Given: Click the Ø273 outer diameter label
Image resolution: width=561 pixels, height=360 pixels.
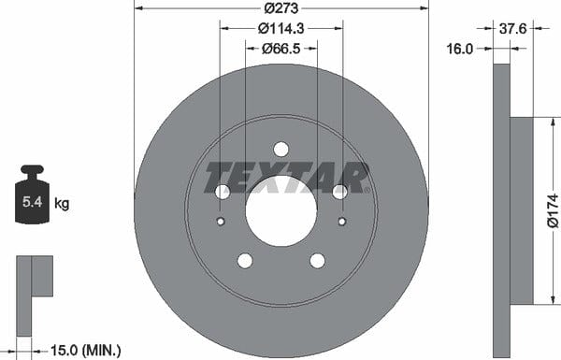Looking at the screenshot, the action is point(280,7).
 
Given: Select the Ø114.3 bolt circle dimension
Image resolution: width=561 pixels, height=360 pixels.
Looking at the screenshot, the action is point(280,28).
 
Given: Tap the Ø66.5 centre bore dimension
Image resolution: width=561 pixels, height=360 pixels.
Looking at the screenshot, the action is point(280,49).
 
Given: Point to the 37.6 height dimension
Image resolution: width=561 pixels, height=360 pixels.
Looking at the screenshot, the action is point(512,28).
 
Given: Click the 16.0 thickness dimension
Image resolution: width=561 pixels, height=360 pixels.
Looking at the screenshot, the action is point(460,49).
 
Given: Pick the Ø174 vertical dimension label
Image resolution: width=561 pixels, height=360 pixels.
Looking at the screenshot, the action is point(553,210).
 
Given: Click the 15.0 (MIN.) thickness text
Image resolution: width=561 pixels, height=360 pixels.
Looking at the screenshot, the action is point(86,350).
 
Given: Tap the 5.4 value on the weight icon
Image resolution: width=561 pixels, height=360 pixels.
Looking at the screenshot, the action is point(32,202).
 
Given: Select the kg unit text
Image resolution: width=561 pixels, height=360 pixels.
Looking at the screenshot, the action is point(62,204).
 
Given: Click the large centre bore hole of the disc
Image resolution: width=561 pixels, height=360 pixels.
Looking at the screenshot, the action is point(280,210).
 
